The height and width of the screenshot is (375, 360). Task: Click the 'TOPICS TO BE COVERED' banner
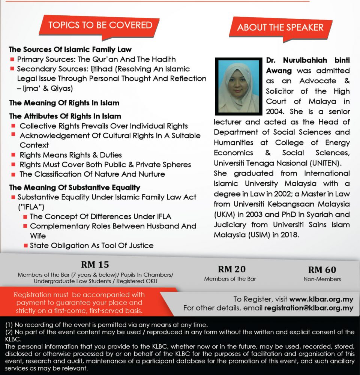pos(100,25)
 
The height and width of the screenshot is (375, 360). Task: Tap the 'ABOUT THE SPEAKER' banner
pos(280,27)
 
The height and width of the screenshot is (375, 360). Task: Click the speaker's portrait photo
pos(238,86)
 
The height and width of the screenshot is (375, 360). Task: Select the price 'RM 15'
pos(95,264)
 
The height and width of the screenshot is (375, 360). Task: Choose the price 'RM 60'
pos(322,270)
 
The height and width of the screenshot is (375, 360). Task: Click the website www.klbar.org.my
pos(321,299)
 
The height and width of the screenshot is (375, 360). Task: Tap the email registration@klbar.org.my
pos(309,308)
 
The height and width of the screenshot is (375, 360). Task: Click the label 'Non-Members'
pos(322,279)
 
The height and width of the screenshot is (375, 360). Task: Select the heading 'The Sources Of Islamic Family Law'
pos(70,49)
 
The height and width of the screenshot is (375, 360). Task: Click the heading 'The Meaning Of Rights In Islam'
pos(64,103)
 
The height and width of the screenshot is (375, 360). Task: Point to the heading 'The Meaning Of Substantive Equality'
pos(75,187)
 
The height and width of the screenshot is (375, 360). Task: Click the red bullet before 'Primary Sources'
pos(12,59)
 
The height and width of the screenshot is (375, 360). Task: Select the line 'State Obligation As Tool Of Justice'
pos(91,246)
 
